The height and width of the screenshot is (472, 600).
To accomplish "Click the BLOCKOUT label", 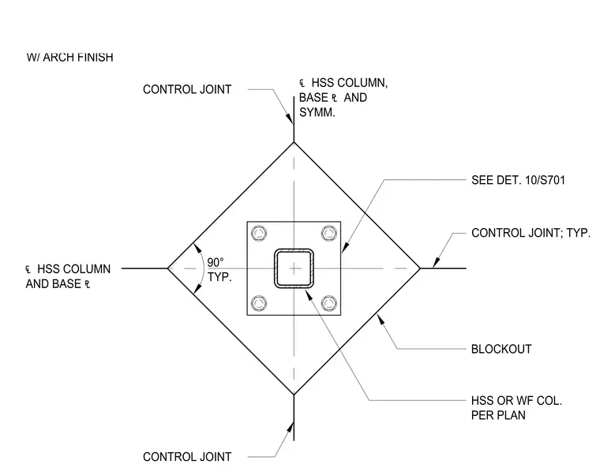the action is (501, 349).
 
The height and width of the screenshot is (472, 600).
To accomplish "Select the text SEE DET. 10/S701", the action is (518, 180).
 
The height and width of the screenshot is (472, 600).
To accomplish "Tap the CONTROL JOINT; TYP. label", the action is (531, 233).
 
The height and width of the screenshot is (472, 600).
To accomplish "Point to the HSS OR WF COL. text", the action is (516, 401).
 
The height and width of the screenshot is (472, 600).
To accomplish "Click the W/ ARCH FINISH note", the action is (70, 58).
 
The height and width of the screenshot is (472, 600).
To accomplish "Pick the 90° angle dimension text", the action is (216, 262).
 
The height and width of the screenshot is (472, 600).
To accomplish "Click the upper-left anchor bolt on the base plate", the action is (259, 233).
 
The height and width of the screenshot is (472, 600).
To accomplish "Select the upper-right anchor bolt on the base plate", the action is (329, 233).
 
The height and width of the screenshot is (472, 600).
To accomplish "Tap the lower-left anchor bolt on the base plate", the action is (259, 303).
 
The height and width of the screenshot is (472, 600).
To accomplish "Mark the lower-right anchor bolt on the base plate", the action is (329, 303).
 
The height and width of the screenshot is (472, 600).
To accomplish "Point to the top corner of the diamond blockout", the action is (294, 142).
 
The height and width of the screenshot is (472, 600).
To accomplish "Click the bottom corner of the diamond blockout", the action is (294, 395).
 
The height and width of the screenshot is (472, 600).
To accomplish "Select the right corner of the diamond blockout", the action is (420, 268).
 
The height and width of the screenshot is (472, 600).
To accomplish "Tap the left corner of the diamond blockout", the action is (167, 268).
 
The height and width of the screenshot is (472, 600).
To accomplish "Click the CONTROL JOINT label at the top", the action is (187, 89).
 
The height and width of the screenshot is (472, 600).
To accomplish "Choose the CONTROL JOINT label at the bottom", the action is (187, 457).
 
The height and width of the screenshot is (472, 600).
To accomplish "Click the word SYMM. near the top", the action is (317, 112).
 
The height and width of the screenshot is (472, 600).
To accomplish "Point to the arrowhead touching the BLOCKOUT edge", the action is (381, 319).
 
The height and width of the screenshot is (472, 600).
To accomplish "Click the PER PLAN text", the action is (498, 415).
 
